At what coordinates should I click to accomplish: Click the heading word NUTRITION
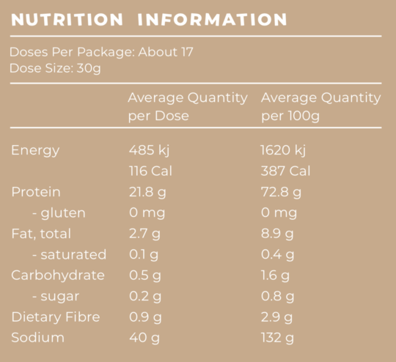(x=67, y=19)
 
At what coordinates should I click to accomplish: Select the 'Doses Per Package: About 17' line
(x=100, y=52)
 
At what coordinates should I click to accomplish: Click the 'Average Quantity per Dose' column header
(x=187, y=106)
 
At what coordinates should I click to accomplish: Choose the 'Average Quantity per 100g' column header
(x=320, y=106)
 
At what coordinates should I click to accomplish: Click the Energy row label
(x=35, y=150)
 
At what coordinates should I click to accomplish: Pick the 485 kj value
(x=148, y=150)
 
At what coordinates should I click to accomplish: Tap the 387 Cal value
(x=285, y=171)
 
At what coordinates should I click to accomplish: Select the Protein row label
(x=35, y=192)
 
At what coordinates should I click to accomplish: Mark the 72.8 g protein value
(x=281, y=192)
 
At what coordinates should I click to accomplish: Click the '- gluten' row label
(x=59, y=213)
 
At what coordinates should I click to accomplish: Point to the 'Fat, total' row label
(x=41, y=234)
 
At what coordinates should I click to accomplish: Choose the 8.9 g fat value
(x=277, y=234)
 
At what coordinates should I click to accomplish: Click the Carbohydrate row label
(x=58, y=276)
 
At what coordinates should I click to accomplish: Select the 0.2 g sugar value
(x=144, y=296)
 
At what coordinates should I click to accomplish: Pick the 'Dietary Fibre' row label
(x=55, y=317)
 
